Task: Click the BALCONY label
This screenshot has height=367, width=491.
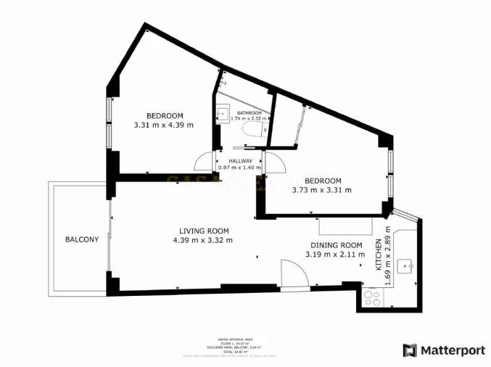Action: click(x=81, y=239)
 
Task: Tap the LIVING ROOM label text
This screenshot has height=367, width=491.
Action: click(x=203, y=231)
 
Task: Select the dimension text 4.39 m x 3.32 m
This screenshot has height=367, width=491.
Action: click(x=203, y=240)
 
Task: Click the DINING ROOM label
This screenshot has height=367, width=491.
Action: click(x=336, y=245)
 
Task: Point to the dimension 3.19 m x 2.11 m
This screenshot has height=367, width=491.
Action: click(x=336, y=254)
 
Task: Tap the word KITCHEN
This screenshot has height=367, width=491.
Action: click(x=378, y=256)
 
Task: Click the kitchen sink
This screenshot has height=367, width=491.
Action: click(x=409, y=265)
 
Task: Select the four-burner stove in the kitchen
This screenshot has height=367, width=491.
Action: click(x=374, y=297)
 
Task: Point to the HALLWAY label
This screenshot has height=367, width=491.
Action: click(x=241, y=161)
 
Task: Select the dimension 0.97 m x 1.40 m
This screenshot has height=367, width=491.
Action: click(x=241, y=168)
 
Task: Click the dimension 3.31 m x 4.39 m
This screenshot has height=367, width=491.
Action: click(x=164, y=125)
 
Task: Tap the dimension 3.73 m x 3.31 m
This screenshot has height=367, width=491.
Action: click(x=322, y=190)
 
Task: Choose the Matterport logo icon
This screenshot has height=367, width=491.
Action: click(x=410, y=350)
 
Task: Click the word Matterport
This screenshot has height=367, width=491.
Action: click(x=453, y=350)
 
